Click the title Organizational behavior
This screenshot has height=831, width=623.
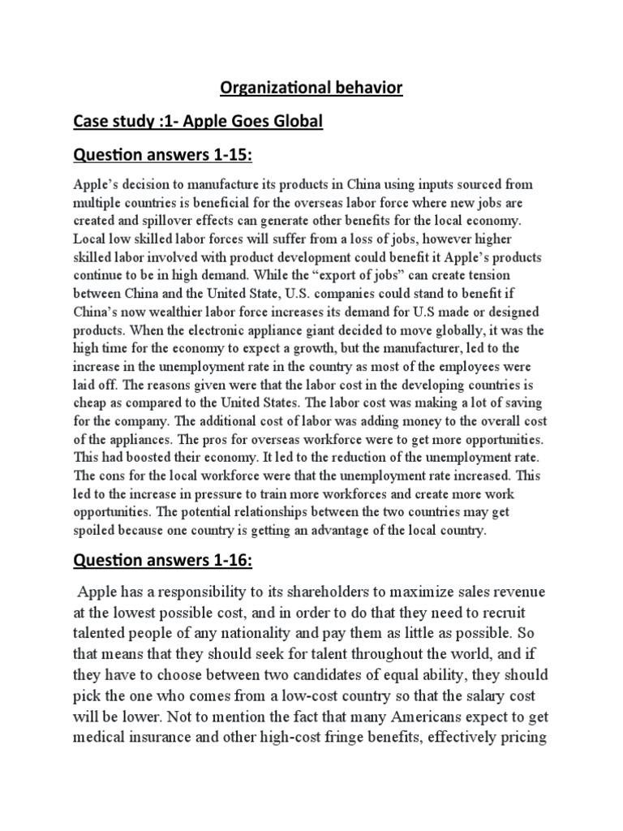(x=311, y=87)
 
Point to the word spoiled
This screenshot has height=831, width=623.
(x=96, y=532)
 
